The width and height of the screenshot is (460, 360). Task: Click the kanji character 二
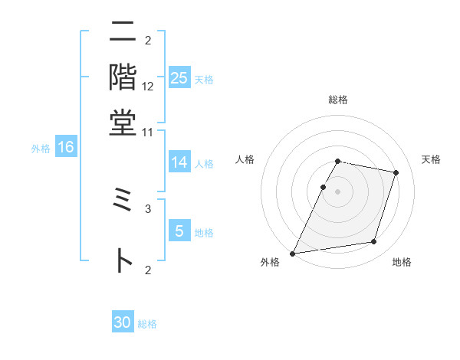[123, 34]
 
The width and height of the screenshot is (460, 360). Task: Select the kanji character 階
[123, 77]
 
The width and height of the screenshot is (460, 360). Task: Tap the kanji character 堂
[123, 122]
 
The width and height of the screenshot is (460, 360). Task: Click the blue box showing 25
[179, 78]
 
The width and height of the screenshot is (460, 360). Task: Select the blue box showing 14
[179, 162]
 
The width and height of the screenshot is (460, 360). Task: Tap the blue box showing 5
[179, 231]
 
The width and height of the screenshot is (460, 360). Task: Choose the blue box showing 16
[66, 148]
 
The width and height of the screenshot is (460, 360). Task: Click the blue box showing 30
[123, 322]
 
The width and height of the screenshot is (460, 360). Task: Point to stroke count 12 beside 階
[148, 86]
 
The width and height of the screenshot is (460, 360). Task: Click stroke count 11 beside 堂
[148, 131]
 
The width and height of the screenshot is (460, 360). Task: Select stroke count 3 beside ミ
[148, 208]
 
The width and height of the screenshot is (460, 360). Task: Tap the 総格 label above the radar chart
[337, 100]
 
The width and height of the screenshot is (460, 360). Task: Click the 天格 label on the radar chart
[431, 159]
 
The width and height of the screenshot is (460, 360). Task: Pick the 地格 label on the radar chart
[402, 262]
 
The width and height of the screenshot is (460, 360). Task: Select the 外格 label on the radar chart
[270, 262]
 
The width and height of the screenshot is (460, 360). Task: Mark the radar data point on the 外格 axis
[293, 253]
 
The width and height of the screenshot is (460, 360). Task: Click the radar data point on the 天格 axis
[396, 172]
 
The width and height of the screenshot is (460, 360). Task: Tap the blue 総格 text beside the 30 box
[147, 324]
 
